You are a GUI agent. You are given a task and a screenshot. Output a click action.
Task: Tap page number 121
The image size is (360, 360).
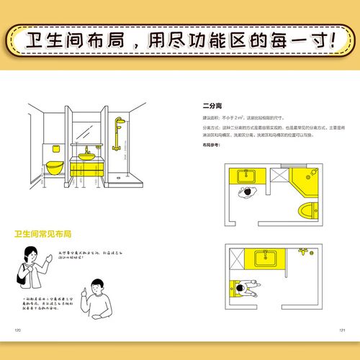pos(343,330)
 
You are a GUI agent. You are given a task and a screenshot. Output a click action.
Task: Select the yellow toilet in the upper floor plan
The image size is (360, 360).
pos(308,210)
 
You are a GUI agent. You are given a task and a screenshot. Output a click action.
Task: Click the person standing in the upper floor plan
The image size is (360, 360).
pos(248,192)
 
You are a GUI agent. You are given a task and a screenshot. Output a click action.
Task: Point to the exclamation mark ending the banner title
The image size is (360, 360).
pos(333,39)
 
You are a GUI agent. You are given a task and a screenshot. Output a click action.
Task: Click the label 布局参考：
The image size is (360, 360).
pos(210,145)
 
